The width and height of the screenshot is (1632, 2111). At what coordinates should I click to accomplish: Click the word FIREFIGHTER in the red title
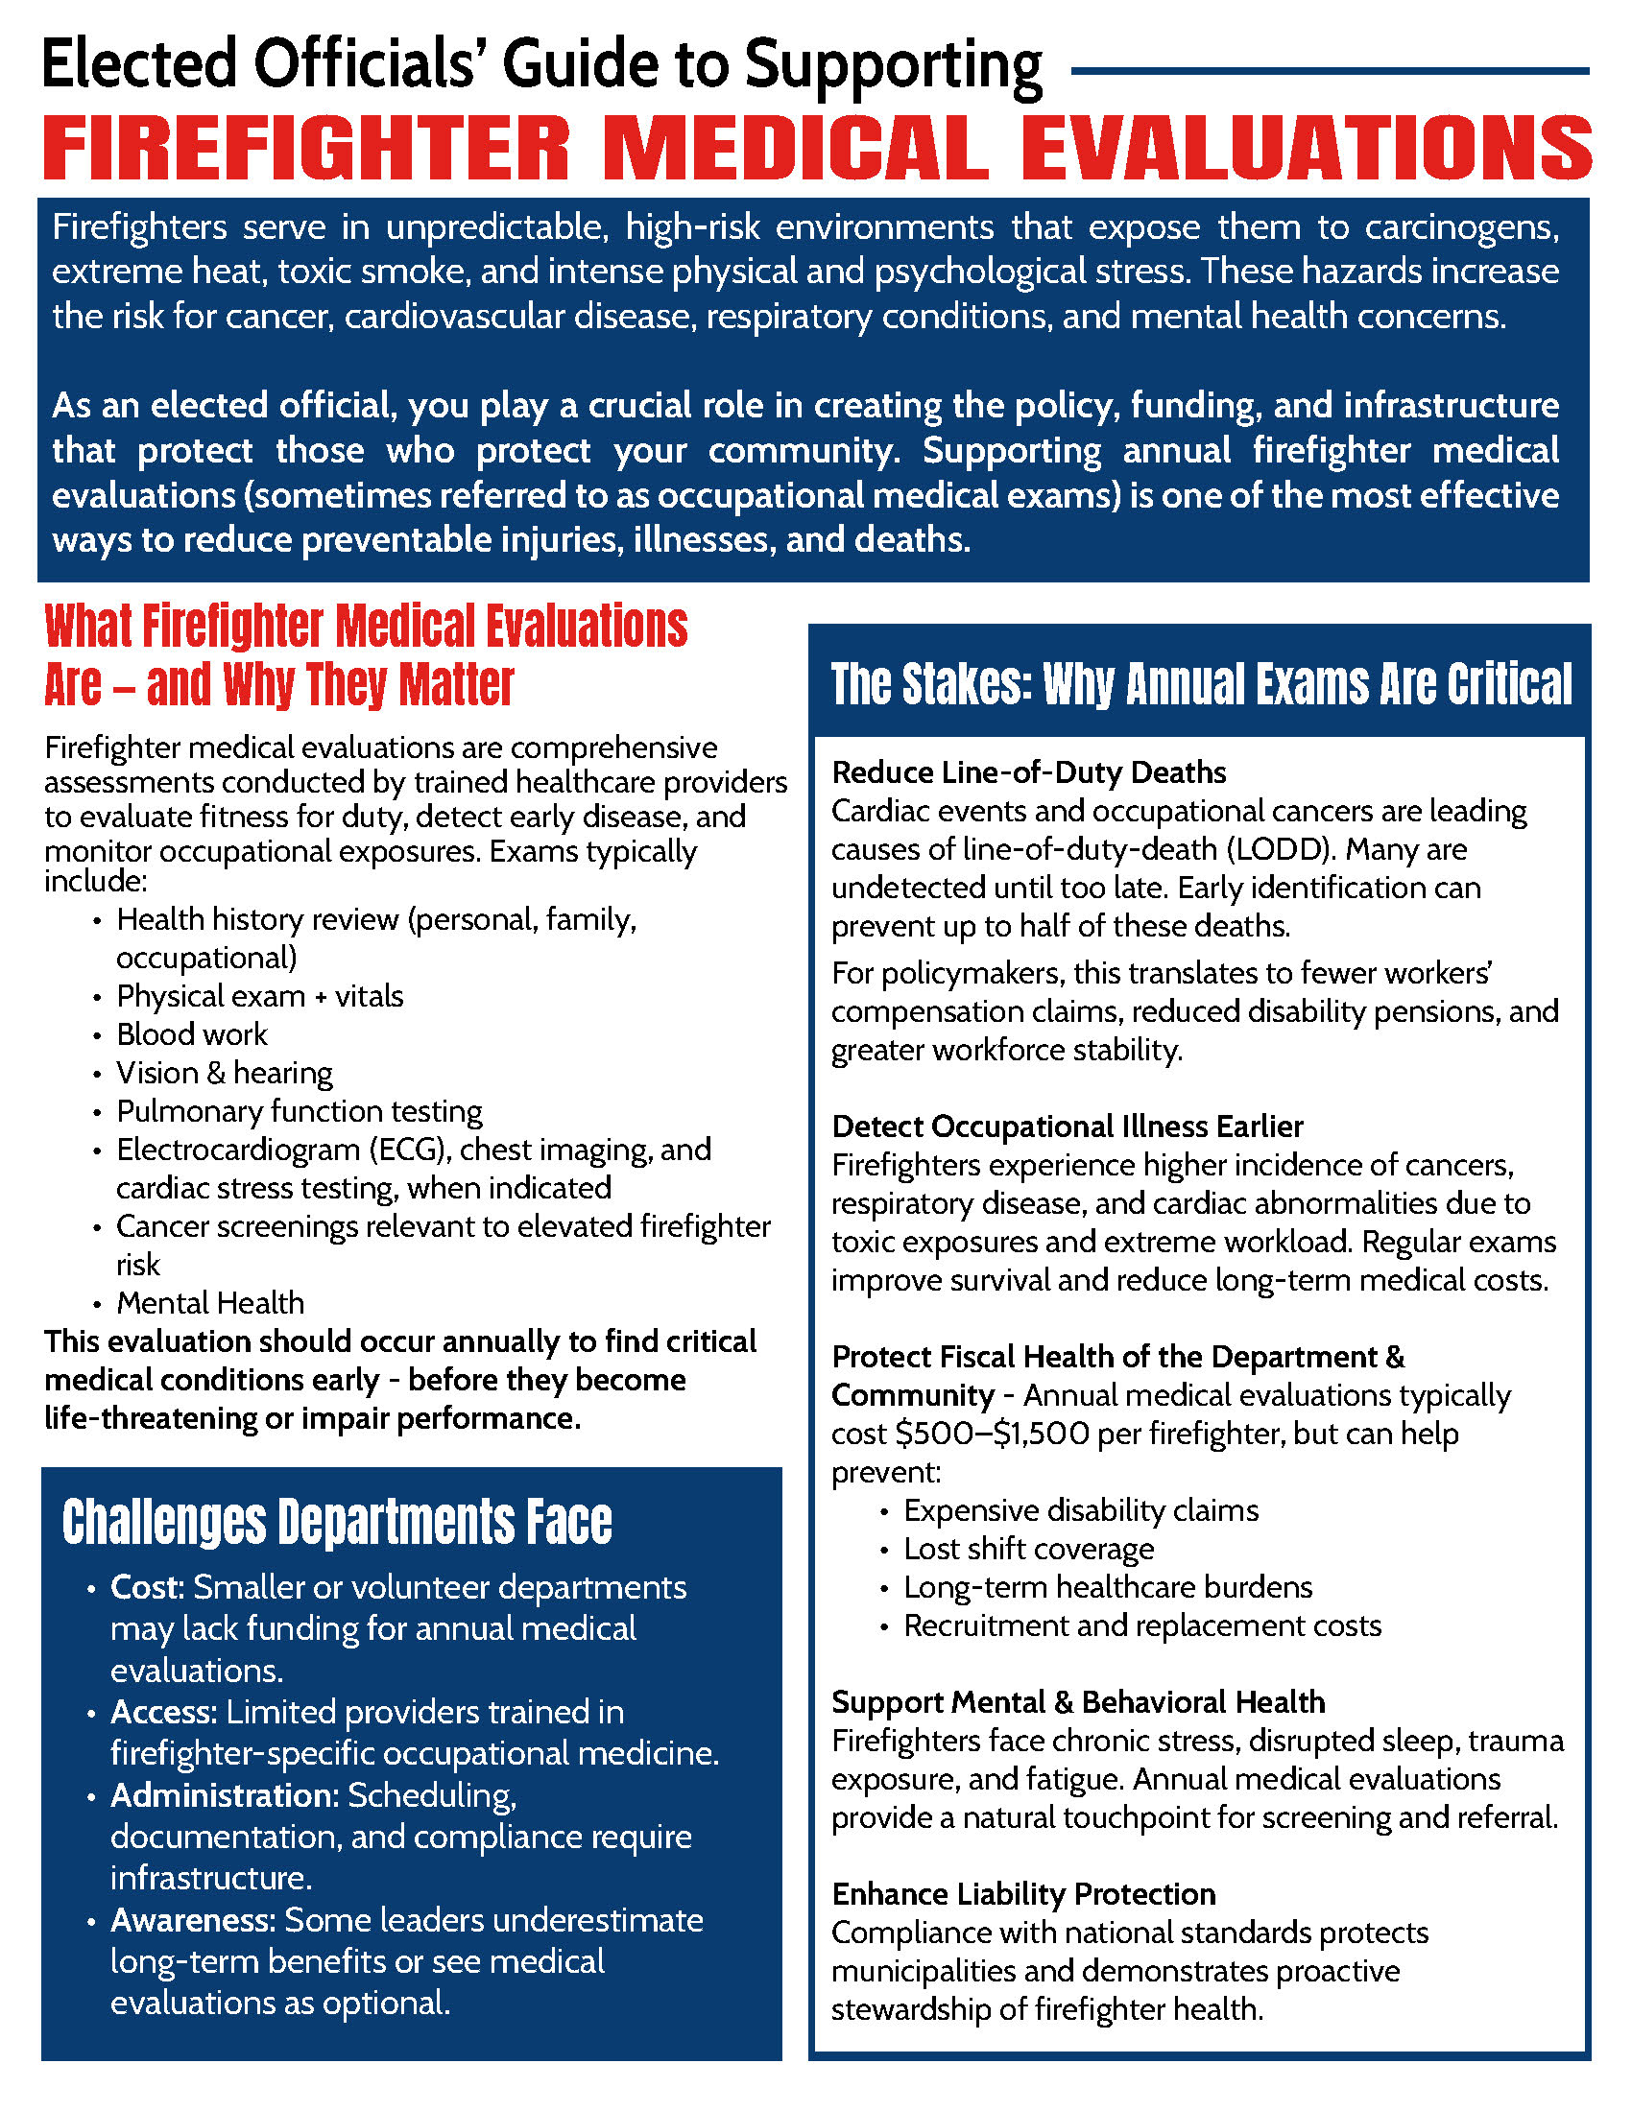(x=306, y=148)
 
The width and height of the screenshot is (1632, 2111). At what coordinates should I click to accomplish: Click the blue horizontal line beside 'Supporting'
(x=1330, y=71)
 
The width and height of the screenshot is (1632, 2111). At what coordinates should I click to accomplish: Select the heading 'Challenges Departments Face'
(x=336, y=1523)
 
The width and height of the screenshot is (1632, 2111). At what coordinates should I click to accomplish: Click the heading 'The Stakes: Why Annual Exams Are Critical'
(x=1201, y=684)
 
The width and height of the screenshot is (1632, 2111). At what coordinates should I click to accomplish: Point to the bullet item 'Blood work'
(x=191, y=1034)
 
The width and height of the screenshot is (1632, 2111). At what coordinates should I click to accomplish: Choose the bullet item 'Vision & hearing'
(x=225, y=1073)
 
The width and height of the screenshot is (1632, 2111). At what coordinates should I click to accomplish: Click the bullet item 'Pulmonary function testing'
(x=299, y=1111)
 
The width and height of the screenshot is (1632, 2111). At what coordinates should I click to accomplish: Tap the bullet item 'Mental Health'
(x=210, y=1303)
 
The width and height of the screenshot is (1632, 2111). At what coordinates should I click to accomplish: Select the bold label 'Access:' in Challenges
(x=163, y=1712)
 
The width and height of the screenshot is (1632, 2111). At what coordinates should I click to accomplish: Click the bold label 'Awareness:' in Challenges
(x=193, y=1920)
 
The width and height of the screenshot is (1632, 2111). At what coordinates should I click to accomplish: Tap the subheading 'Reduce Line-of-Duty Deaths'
(x=1028, y=772)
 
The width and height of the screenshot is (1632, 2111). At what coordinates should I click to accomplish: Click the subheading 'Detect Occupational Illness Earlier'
(x=1067, y=1127)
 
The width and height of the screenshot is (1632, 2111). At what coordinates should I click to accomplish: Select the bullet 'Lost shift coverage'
(x=1029, y=1549)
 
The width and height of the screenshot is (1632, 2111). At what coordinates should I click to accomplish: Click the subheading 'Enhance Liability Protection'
(x=1023, y=1893)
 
